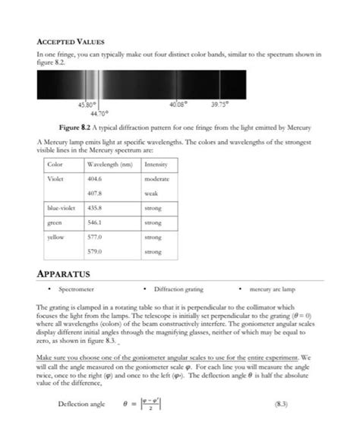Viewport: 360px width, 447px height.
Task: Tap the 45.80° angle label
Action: pos(87,104)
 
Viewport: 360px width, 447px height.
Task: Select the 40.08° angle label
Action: pos(178,104)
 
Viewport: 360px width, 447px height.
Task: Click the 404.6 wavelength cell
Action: pos(99,179)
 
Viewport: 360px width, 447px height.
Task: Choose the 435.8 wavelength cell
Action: pos(99,207)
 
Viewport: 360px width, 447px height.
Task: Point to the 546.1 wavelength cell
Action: pos(99,223)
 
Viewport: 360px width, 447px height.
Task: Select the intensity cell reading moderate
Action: pos(157,179)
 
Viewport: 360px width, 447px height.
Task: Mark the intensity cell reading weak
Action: pos(151,193)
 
